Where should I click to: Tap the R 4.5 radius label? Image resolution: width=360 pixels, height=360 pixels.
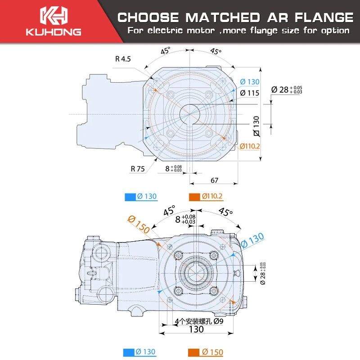tap(123, 58)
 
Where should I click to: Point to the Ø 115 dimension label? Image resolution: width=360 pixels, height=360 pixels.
tap(249, 93)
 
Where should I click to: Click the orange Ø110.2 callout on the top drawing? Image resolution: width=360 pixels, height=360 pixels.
tap(250, 146)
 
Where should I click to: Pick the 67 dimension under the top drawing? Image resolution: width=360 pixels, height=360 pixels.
tap(214, 180)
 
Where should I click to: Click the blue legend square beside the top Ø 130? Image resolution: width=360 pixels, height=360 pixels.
tap(129, 197)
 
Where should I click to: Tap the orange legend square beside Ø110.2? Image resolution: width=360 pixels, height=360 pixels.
tap(194, 197)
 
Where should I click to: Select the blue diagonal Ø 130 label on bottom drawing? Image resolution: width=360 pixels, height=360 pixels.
tap(252, 240)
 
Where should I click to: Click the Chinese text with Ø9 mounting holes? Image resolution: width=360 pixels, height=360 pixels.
tap(198, 322)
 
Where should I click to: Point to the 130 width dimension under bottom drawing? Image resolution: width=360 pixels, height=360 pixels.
tap(196, 329)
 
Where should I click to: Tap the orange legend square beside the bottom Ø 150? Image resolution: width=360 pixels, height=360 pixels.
tap(194, 352)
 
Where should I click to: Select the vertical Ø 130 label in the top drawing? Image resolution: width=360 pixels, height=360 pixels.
tap(256, 126)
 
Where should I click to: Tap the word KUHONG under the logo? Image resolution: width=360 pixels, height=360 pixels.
tap(53, 32)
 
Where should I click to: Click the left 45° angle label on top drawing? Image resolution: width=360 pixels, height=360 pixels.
tap(165, 51)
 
